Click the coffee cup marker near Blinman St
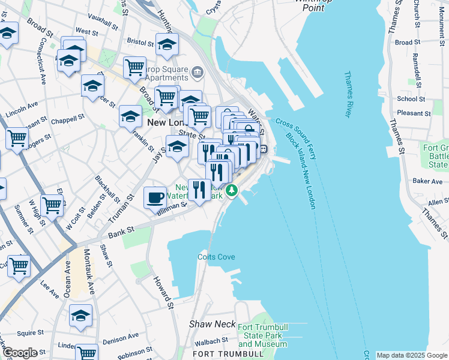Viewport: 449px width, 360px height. [x=155, y=196]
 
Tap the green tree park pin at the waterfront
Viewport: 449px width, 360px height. [x=232, y=191]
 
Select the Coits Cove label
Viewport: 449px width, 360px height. [x=216, y=257]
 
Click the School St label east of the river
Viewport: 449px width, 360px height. [x=411, y=99]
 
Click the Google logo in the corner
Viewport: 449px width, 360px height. [x=19, y=353]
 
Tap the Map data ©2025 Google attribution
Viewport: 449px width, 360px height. [x=411, y=355]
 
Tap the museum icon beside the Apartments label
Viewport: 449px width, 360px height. [x=197, y=74]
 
